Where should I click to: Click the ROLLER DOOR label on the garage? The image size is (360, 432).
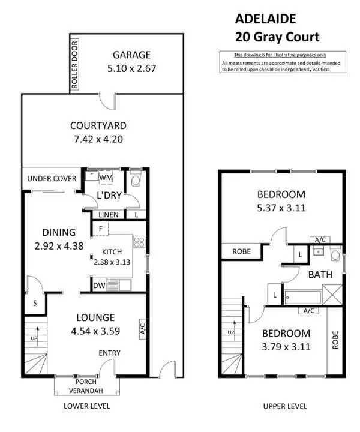pos(75,64)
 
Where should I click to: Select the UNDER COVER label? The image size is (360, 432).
pos(52,179)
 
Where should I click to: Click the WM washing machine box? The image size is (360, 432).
pos(106,178)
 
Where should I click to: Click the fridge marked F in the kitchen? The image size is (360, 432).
pos(100,228)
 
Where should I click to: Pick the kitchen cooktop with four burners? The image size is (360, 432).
pos(139,242)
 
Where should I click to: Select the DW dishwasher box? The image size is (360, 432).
pos(100,286)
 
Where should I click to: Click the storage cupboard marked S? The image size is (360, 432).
pos(35,304)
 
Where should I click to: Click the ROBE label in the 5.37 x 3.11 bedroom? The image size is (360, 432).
pos(241,252)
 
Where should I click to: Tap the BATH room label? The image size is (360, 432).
pos(317,275)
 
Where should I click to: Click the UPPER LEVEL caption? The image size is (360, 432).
pos(285,406)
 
